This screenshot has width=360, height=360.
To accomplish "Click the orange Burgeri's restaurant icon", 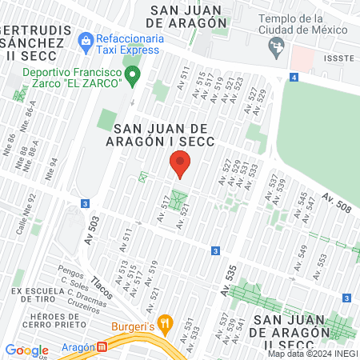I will pos(166,324).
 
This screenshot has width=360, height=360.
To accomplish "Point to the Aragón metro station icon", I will pos(102,349).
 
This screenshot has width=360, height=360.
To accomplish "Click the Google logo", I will pos(27,350).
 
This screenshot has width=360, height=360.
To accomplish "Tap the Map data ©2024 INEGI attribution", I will pos(312,354).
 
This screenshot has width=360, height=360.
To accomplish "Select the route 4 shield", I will pos(294,77).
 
